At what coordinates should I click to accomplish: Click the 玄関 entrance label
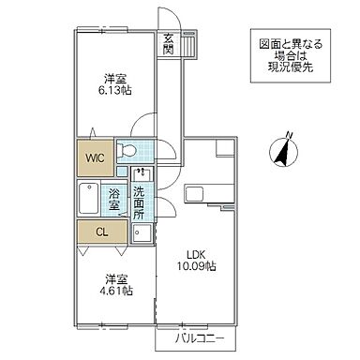(x=169, y=44)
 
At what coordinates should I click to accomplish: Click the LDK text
(x=194, y=253)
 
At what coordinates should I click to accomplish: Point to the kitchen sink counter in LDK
(x=200, y=193)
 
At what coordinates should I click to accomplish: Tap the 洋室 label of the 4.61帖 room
(x=115, y=278)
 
